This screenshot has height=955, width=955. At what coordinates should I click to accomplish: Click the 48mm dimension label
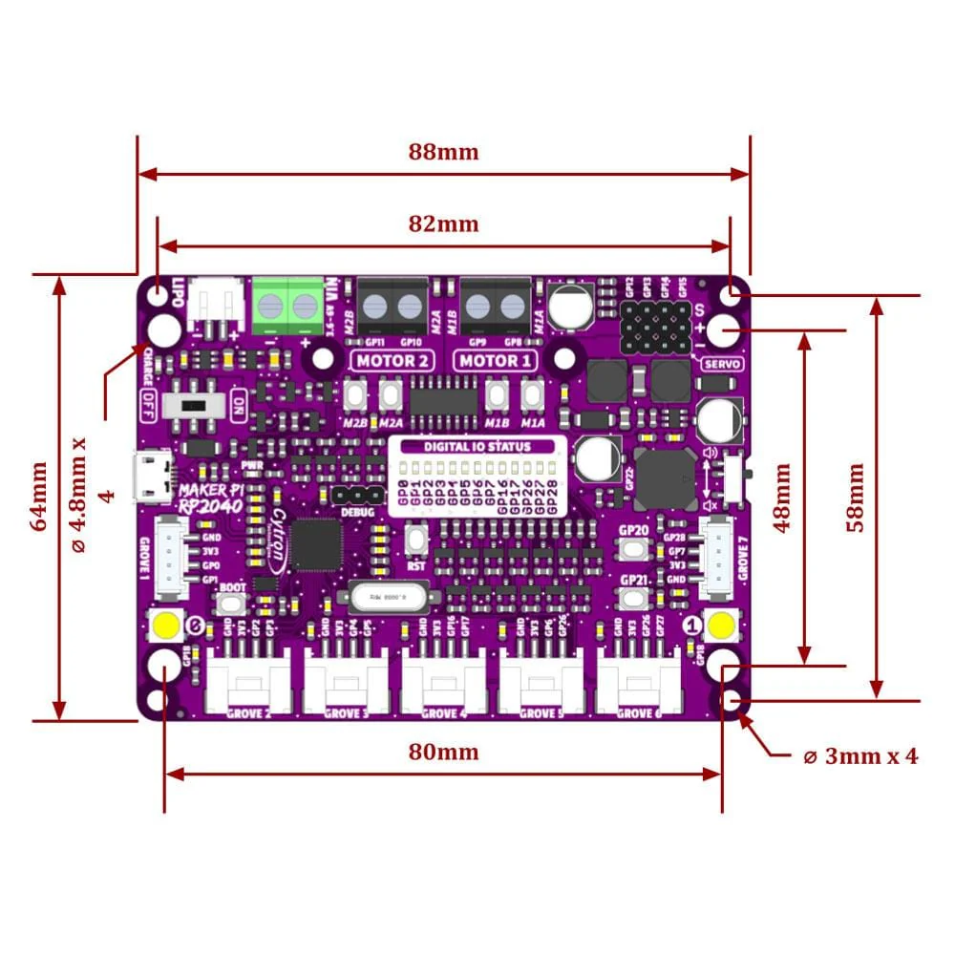point(782,497)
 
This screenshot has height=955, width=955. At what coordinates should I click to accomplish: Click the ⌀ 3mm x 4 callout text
point(859,756)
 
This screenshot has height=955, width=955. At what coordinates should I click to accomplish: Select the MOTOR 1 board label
point(494,361)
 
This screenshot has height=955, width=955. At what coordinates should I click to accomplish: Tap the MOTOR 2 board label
point(393,361)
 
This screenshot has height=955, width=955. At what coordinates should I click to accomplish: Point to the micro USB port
point(153,477)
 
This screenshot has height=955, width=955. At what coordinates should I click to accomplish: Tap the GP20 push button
point(633,549)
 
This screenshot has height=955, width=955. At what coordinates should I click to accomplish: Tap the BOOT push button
point(231,605)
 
